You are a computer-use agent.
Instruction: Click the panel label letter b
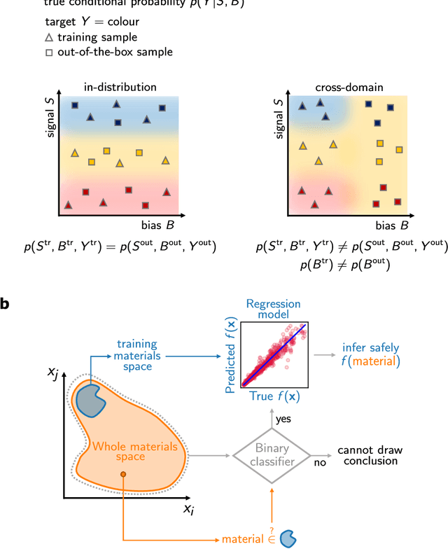6,305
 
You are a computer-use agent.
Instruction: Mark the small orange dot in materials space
123,475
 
